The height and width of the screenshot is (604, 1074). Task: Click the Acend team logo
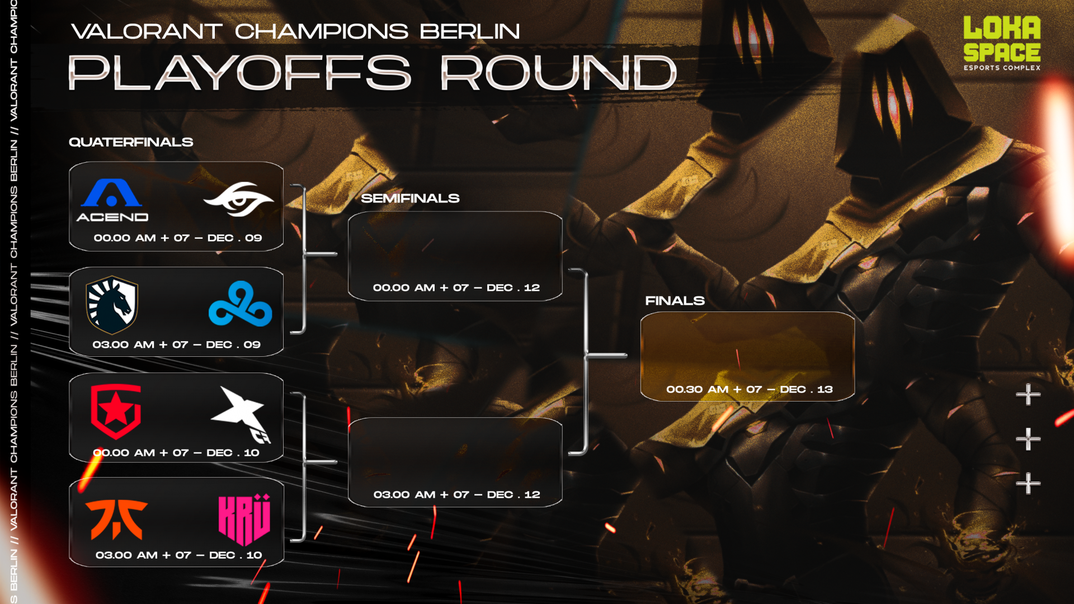(112, 200)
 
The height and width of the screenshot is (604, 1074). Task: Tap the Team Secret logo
(239, 199)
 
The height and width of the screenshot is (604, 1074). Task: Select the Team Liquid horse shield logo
(112, 305)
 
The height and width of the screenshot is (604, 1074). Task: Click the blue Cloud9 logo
(240, 305)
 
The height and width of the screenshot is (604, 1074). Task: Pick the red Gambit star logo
(116, 411)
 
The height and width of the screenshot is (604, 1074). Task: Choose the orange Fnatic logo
(116, 518)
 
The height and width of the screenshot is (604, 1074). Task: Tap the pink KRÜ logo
(244, 520)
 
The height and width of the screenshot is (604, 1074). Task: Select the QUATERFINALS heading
(131, 142)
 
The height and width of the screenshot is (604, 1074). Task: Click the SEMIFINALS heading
(410, 198)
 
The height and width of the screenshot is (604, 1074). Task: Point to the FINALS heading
(675, 301)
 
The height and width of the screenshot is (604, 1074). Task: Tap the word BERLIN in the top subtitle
(469, 31)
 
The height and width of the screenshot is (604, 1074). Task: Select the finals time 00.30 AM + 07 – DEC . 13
(749, 389)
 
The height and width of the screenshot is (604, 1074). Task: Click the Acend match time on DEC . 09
(177, 238)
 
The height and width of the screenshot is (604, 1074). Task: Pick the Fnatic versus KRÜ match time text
(178, 555)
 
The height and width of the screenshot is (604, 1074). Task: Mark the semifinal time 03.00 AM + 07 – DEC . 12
(456, 494)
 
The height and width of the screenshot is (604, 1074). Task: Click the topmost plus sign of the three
(1028, 394)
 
